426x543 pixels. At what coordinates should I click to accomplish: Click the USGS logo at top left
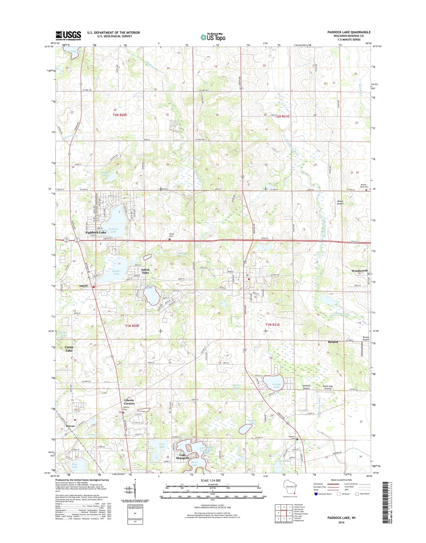(68, 36)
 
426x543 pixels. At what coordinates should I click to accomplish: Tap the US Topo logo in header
(213, 37)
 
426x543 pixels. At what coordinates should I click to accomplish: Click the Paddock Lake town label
(96, 233)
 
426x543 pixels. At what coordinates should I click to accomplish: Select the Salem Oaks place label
(145, 271)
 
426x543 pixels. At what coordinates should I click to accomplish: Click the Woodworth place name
(359, 271)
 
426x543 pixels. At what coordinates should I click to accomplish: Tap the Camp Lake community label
(69, 349)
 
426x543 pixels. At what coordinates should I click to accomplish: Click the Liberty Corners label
(129, 402)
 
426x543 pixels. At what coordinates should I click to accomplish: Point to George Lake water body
(273, 383)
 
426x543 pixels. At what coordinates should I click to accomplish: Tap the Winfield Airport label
(306, 387)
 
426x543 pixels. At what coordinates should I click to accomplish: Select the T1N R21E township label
(272, 325)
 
